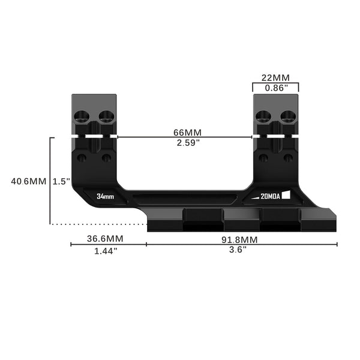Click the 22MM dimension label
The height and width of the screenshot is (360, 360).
[275, 78]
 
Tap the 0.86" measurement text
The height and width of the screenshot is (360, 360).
[275, 88]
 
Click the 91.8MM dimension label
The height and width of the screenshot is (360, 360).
[242, 238]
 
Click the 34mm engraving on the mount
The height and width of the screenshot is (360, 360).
[105, 196]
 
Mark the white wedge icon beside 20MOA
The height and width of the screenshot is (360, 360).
[286, 194]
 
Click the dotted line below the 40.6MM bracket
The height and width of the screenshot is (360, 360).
[99, 224]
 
